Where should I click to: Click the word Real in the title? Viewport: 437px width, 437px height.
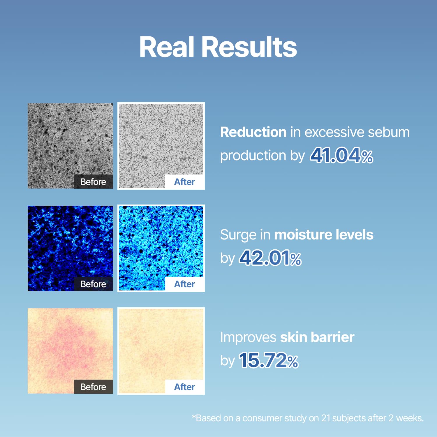point(167,47)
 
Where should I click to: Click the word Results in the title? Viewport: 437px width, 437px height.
point(249,47)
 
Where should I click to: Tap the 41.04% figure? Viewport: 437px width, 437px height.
point(341,155)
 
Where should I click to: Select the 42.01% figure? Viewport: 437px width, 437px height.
point(270,258)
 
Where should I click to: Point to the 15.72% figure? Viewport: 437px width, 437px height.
point(268,360)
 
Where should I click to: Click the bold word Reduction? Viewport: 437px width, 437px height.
point(253,132)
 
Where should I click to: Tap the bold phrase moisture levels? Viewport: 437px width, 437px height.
point(324,235)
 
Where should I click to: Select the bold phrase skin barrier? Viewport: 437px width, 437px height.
point(317,337)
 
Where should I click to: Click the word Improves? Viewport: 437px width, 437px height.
point(248,337)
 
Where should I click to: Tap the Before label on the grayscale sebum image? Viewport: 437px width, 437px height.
point(93,182)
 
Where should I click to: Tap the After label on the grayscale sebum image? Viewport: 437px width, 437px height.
point(184,182)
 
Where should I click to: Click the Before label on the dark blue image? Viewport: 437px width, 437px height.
point(93,284)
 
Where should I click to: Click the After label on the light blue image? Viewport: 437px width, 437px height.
point(184,284)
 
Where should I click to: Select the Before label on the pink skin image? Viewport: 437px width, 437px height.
point(93,387)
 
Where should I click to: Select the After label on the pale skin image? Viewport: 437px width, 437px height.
point(184,387)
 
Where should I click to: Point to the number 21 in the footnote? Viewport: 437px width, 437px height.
point(325,418)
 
